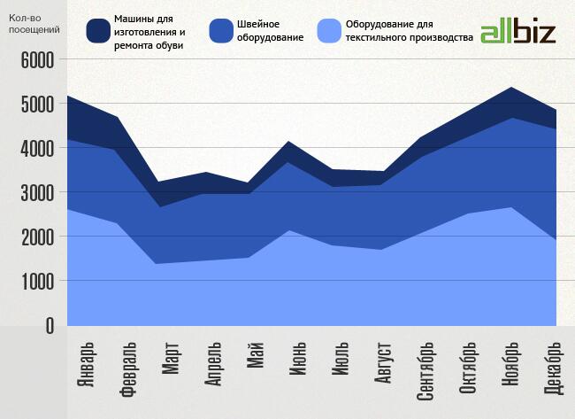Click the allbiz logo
[x=517, y=32]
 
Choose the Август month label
[x=383, y=363]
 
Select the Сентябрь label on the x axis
[x=425, y=370]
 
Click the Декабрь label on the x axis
[x=553, y=368]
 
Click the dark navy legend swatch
[x=97, y=32]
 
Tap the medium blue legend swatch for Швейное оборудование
[x=221, y=32]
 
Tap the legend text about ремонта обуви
[x=149, y=32]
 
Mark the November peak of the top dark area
[x=510, y=88]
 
